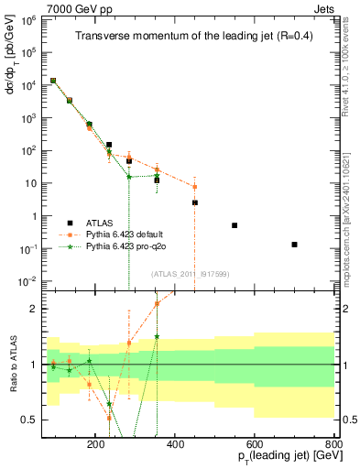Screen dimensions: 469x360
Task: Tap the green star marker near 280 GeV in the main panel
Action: (x=129, y=177)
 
